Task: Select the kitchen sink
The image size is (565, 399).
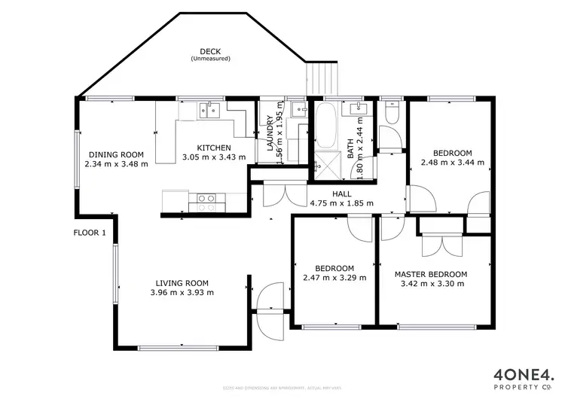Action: tap(209, 111)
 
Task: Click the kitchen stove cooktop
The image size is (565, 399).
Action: tap(206, 200)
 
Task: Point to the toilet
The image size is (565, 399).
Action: tap(389, 113)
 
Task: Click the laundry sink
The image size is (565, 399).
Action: tap(297, 111)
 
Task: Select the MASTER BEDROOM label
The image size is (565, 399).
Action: tap(430, 274)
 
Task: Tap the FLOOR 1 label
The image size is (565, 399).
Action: tap(90, 233)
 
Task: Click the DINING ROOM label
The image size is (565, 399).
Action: tap(115, 154)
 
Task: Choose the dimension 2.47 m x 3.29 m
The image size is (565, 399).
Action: tap(334, 278)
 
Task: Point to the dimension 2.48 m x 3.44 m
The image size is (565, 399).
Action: tap(452, 162)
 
